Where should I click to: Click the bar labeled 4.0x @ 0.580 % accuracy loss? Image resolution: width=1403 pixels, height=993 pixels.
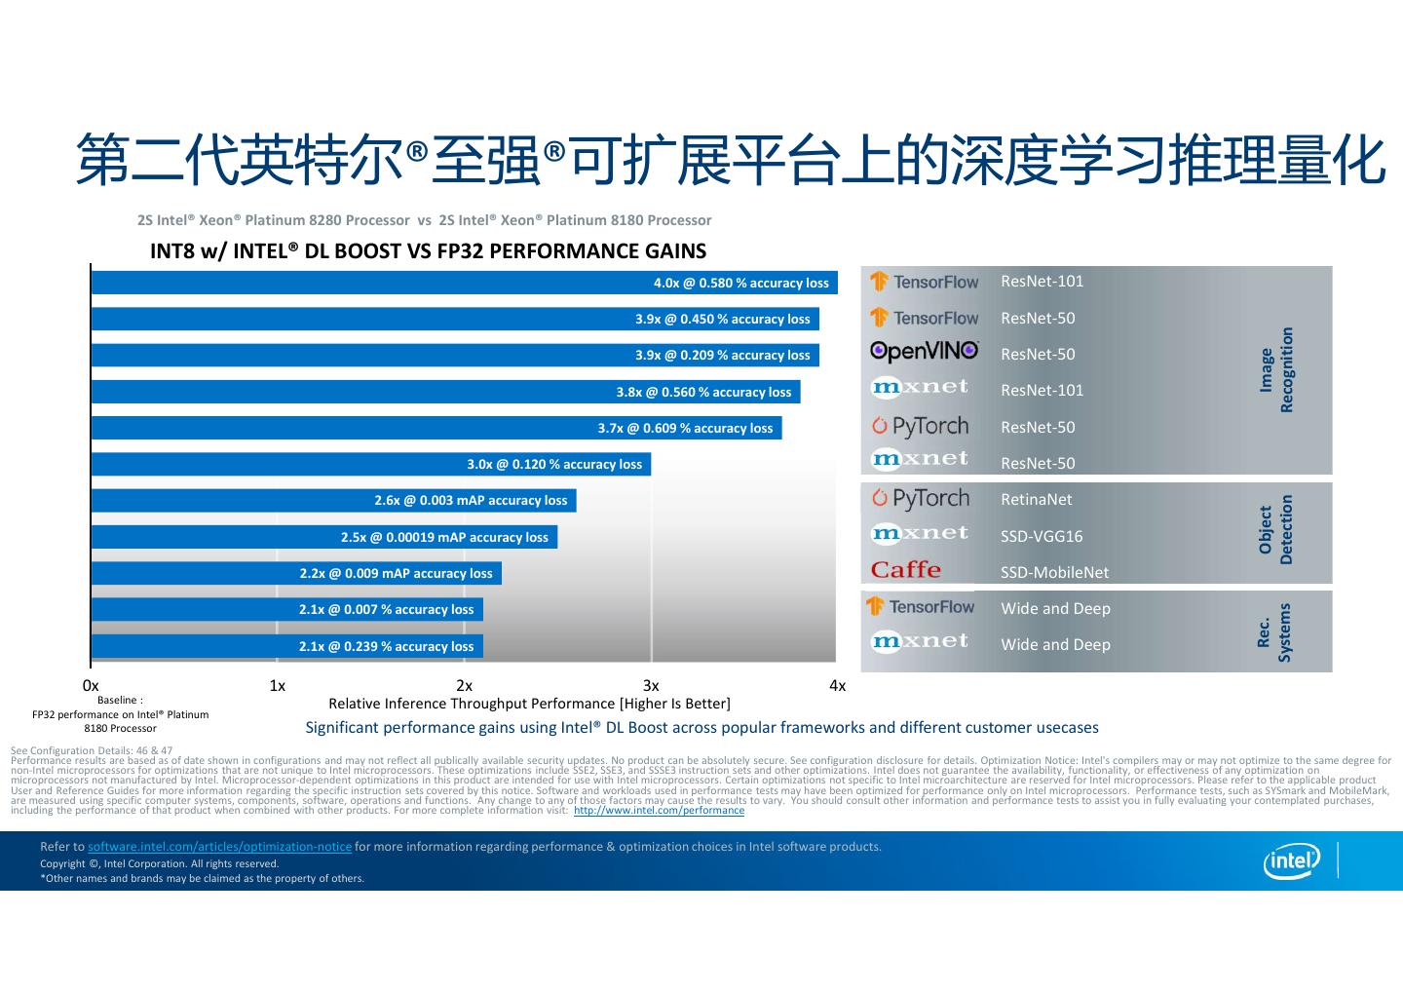(464, 283)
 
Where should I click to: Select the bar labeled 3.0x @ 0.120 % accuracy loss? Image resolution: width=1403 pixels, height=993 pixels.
(370, 464)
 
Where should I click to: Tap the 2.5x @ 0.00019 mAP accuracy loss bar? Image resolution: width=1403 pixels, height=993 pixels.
(323, 537)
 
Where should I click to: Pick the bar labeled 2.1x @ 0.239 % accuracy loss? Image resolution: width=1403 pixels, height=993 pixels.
(286, 646)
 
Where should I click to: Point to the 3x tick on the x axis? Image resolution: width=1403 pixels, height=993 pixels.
(651, 686)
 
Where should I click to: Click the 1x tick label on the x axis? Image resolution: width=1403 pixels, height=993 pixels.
(278, 686)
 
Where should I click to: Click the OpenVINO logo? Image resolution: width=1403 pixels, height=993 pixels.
(924, 352)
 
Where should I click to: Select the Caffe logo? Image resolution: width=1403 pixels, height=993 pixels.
(906, 570)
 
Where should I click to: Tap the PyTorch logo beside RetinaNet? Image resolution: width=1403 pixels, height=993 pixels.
(921, 499)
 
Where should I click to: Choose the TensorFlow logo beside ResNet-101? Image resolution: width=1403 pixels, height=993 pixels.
(924, 282)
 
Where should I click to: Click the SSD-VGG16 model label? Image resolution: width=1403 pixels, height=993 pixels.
(1042, 536)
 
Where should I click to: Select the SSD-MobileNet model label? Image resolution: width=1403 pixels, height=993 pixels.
(1054, 572)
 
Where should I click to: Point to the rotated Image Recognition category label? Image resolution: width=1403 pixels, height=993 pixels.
(1276, 370)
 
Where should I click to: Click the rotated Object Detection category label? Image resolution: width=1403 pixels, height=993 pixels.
(1275, 530)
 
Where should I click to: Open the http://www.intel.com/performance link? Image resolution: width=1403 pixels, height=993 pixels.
(659, 811)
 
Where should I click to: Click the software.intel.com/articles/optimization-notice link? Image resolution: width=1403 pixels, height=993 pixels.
(219, 847)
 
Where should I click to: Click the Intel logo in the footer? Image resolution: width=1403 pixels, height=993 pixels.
(1292, 859)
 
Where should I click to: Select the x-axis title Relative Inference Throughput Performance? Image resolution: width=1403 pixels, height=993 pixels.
(529, 704)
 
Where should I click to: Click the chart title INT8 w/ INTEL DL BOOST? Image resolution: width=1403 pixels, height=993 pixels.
(428, 251)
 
